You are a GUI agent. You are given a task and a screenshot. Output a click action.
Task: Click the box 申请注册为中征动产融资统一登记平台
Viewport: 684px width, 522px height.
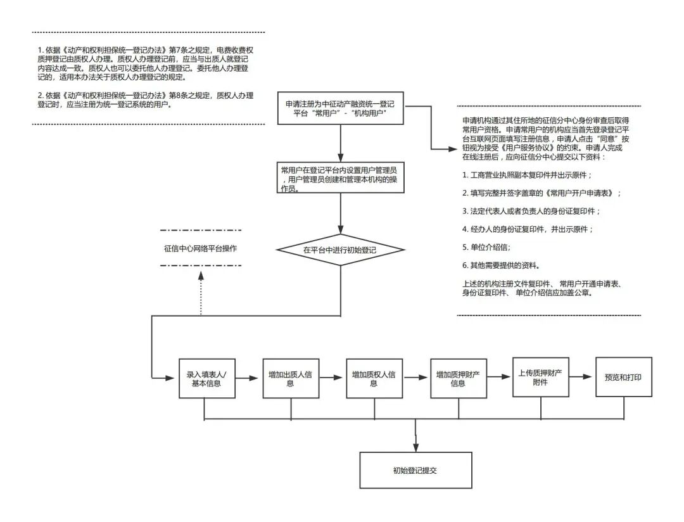[x=341, y=108]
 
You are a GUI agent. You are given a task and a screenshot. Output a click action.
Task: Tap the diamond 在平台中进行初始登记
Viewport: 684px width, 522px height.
[x=340, y=250]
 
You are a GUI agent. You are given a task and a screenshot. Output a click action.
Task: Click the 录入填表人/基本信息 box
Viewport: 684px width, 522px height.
[x=204, y=379]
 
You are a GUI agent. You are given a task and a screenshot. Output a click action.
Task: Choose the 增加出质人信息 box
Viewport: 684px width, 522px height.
[x=291, y=379]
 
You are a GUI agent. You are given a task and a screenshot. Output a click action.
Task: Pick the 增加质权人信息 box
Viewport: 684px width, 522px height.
[x=374, y=379]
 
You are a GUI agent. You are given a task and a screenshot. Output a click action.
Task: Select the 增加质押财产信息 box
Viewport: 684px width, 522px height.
[x=458, y=379]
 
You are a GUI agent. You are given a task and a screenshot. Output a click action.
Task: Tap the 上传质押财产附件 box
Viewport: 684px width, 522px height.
[x=540, y=377]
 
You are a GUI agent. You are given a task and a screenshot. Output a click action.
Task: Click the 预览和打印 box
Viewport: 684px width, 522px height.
[x=623, y=377]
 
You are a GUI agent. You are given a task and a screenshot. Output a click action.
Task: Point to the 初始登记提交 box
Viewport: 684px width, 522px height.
[x=415, y=470]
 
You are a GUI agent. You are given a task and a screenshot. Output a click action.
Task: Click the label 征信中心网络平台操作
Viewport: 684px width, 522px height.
[x=200, y=248]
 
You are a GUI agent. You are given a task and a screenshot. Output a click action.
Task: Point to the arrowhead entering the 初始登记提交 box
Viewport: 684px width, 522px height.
[x=415, y=448]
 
